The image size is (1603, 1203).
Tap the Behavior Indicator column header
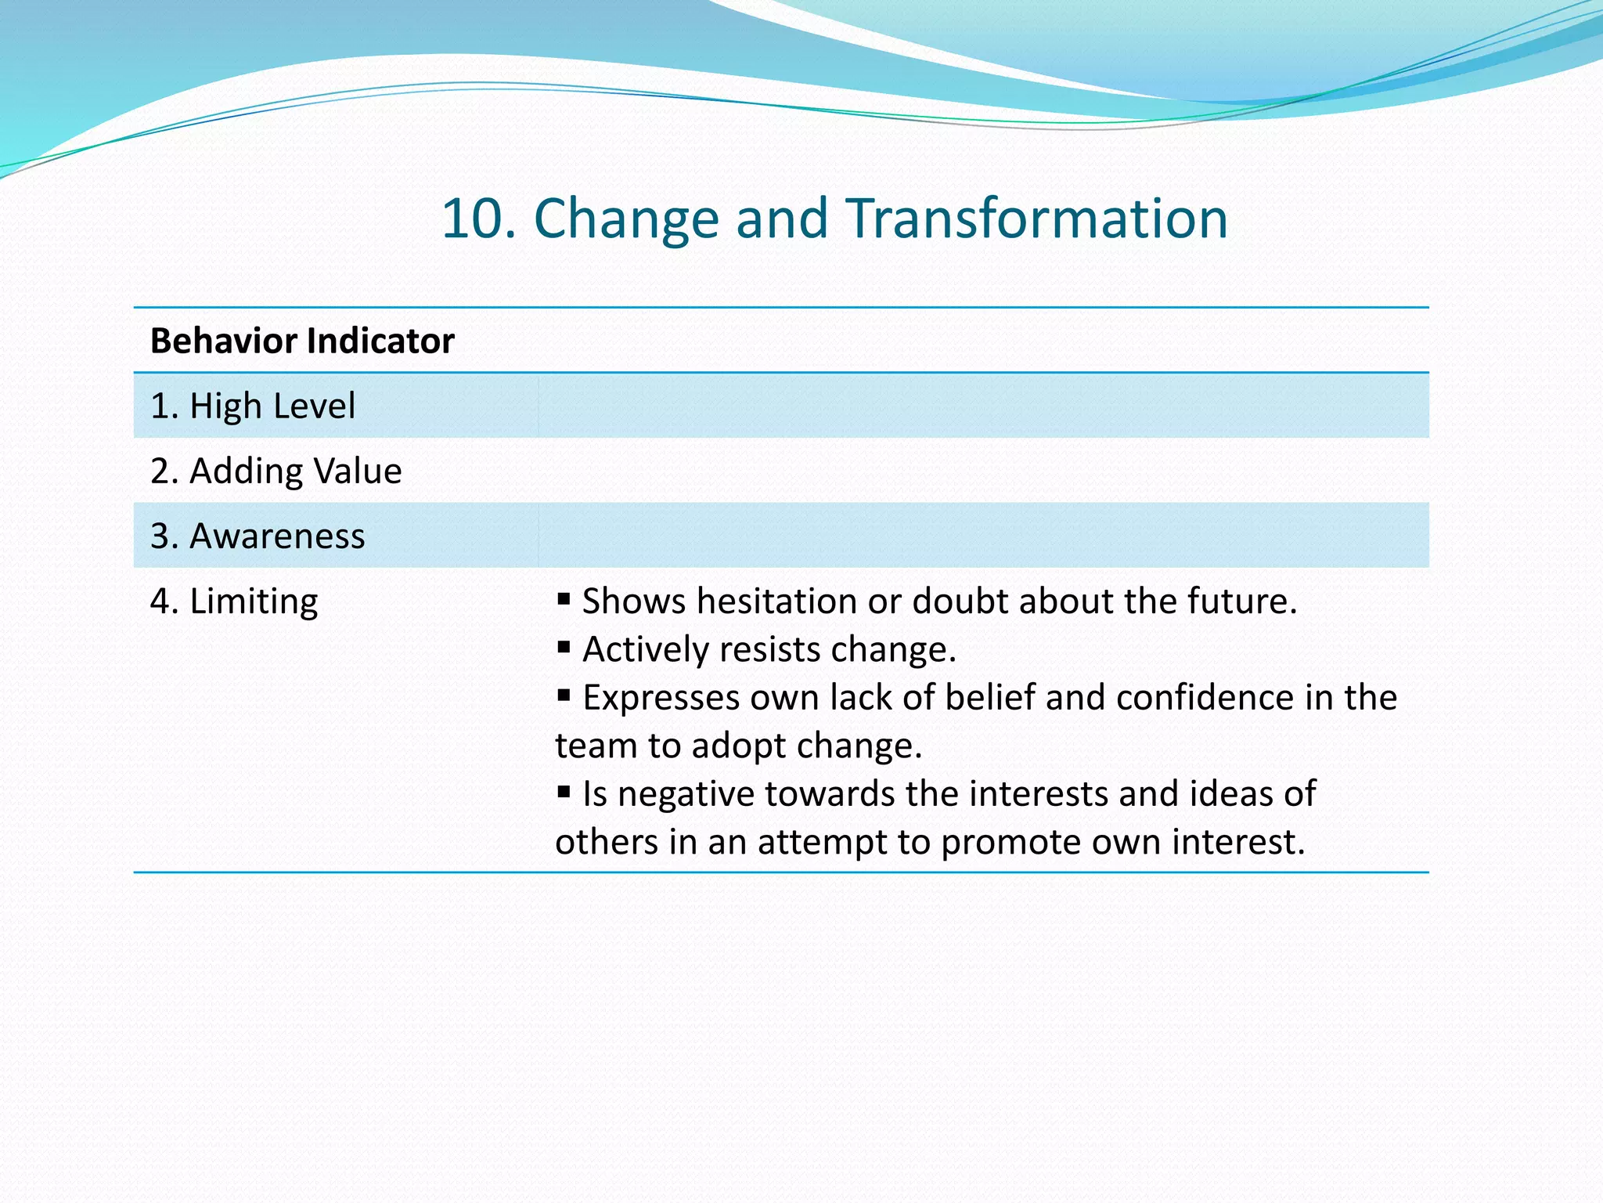(x=302, y=341)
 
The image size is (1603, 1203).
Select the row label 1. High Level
(x=253, y=406)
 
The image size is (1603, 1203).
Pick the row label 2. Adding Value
(x=276, y=471)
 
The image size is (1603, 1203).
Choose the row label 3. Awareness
(x=258, y=536)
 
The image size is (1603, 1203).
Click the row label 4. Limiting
(x=234, y=601)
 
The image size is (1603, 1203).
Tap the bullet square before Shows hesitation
(x=564, y=599)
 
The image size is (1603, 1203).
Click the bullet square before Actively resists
(x=564, y=647)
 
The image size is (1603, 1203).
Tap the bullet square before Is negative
(x=564, y=792)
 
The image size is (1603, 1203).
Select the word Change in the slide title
(x=626, y=219)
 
